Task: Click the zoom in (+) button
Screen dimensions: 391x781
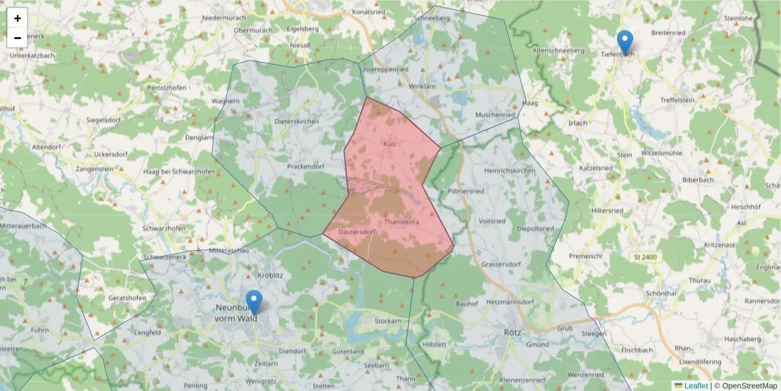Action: pos(18,18)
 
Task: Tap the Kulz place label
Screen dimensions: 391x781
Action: pos(390,143)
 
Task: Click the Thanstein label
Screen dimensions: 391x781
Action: pos(400,222)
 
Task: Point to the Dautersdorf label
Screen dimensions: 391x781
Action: pos(357,231)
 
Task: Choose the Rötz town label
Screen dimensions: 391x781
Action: pos(512,332)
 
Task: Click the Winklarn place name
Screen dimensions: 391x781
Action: pos(421,87)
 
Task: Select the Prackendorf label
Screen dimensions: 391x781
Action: pos(306,166)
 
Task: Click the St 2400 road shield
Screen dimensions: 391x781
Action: pos(645,257)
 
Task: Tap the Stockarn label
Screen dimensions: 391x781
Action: pos(388,321)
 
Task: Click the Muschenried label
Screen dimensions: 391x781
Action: pos(495,115)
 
